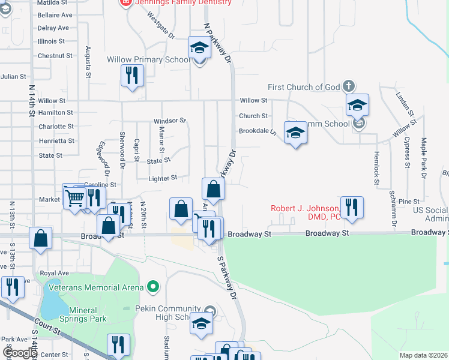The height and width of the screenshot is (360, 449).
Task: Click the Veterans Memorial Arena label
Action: point(95,287)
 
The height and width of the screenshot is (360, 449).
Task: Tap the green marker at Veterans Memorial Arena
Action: point(153,287)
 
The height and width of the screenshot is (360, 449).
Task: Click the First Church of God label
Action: point(304,87)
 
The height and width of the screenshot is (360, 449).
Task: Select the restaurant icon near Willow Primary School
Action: point(131,76)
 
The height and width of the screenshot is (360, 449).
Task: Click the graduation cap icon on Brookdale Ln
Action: point(295,133)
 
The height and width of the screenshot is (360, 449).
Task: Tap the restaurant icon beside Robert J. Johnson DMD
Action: point(352,207)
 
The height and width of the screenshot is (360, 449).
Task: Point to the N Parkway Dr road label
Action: point(217,42)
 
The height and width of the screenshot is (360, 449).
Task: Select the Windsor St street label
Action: point(170,121)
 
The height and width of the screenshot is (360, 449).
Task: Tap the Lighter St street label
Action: point(163,178)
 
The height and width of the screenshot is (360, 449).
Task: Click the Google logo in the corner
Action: point(19,353)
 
